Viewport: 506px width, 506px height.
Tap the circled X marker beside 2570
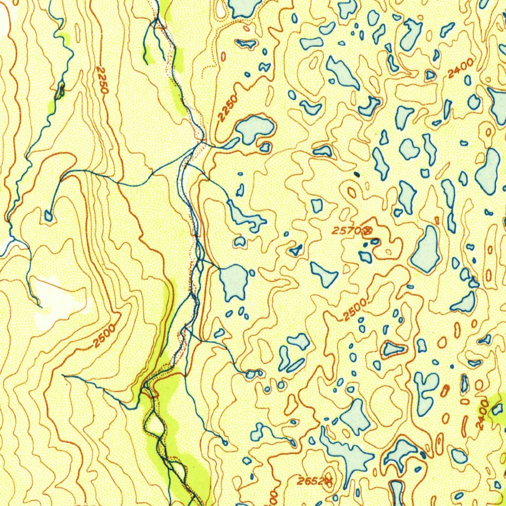pyautogui.click(x=367, y=230)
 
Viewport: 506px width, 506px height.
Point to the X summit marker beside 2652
pyautogui.click(x=328, y=479)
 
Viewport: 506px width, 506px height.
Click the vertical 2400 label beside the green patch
pyautogui.click(x=483, y=415)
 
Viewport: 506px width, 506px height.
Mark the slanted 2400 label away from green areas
pyautogui.click(x=461, y=68)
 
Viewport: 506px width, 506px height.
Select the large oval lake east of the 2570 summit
pyautogui.click(x=426, y=250)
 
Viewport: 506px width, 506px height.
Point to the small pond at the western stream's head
pyautogui.click(x=48, y=215)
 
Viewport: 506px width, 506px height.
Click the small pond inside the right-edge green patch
pyautogui.click(x=497, y=409)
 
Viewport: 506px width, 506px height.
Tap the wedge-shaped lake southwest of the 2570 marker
pyautogui.click(x=324, y=274)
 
